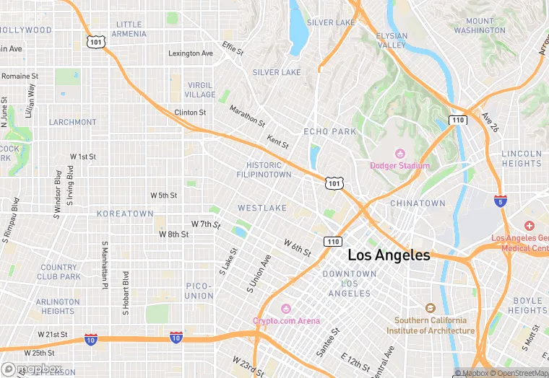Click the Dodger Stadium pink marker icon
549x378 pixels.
click(399, 154)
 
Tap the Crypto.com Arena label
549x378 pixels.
click(286, 320)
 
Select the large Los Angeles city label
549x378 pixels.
click(389, 255)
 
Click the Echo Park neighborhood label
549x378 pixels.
click(329, 132)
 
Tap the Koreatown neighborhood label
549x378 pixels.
click(125, 214)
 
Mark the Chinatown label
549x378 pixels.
click(418, 204)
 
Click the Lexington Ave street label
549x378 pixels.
click(191, 53)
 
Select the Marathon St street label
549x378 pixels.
click(247, 114)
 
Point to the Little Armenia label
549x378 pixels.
click(129, 29)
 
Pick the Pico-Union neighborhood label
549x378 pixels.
click(199, 291)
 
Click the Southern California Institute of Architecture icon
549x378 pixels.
click(431, 308)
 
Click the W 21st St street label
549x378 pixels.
click(52, 335)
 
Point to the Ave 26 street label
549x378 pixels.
click(490, 123)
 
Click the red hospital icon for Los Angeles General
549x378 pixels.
click(529, 227)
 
